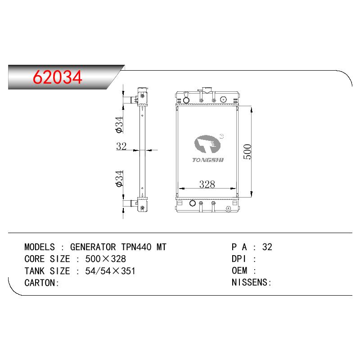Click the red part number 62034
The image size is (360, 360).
(x=58, y=77)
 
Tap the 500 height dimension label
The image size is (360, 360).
(x=247, y=152)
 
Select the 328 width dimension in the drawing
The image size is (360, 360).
(x=207, y=184)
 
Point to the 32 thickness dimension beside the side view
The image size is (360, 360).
(x=121, y=146)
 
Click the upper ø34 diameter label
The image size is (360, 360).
(x=119, y=125)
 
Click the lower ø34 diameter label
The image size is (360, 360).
(x=119, y=179)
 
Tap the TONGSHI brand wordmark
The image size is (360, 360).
(x=208, y=160)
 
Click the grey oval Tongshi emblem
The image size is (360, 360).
(x=207, y=144)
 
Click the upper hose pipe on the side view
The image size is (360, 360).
(x=130, y=100)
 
